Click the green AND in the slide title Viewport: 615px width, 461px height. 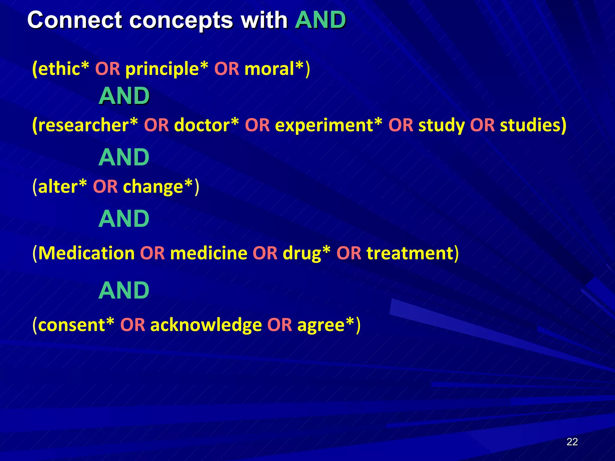[320, 20]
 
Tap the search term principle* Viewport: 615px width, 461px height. [167, 69]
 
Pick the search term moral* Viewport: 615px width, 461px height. [274, 69]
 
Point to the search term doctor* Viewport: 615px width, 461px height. [207, 125]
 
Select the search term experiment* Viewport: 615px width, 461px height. [329, 125]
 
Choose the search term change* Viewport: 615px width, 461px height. [158, 186]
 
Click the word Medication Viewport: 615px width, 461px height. [86, 253]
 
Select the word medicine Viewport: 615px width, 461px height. [209, 253]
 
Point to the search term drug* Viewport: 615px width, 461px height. [306, 253]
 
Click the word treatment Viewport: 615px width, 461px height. [410, 253]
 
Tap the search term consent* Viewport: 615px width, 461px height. [76, 325]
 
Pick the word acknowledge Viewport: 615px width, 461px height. [206, 325]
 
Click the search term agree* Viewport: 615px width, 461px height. [326, 325]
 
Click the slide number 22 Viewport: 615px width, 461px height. [572, 442]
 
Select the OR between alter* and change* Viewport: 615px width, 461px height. [105, 186]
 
